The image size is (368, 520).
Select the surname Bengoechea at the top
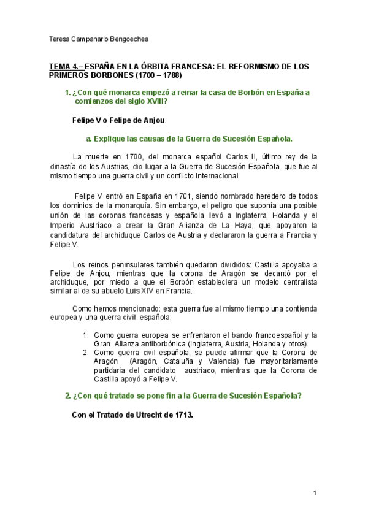(131, 39)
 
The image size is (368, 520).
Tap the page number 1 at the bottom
(314, 493)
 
